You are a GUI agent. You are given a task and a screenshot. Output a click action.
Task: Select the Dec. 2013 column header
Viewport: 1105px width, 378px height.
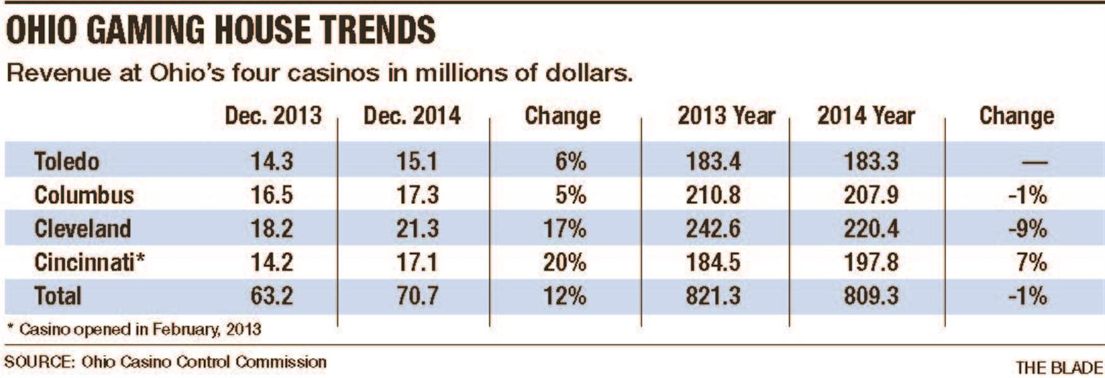[273, 116]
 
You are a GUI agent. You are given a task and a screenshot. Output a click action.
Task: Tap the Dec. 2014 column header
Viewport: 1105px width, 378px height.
[412, 116]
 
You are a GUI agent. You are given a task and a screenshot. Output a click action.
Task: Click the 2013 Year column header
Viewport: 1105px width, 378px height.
[726, 116]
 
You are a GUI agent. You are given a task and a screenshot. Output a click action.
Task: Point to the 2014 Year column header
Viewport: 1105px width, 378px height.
[865, 116]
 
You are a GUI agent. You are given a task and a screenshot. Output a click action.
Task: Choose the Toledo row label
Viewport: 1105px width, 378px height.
[66, 161]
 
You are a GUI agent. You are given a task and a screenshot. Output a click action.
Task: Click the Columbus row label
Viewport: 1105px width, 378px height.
[84, 195]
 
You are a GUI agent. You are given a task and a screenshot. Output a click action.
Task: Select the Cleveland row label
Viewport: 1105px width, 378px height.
[82, 228]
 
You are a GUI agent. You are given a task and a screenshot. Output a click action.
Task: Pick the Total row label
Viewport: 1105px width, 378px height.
[57, 295]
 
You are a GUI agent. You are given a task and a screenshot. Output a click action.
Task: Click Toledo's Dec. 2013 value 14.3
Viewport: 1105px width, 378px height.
[272, 161]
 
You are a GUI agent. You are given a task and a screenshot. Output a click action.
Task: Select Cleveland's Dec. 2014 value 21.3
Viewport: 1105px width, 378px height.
[417, 228]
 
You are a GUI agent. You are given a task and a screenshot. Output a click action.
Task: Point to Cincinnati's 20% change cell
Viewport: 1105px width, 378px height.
[564, 261]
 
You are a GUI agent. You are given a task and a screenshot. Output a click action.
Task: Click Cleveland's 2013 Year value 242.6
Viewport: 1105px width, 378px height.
[713, 228]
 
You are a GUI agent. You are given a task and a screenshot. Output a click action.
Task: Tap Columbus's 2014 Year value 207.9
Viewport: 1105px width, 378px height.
[871, 195]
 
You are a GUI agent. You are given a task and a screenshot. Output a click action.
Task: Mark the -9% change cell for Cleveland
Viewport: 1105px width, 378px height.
[1027, 228]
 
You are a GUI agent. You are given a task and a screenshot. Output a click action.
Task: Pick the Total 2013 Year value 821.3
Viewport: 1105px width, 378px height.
[713, 295]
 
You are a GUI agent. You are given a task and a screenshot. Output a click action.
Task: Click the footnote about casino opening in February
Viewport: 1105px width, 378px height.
[134, 329]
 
